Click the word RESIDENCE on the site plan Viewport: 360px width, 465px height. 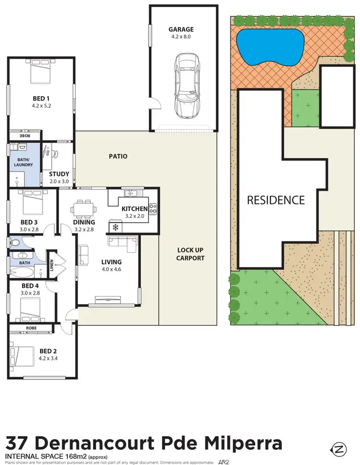276,200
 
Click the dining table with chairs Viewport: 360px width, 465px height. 82,208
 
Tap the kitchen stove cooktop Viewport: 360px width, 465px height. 153,209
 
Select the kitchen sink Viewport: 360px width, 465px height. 130,193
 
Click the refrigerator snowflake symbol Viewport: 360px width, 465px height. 115,227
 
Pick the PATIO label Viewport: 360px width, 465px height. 118,156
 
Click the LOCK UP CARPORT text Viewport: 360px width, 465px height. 191,254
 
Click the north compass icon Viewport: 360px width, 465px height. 340,450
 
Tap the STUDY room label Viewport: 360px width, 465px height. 60,174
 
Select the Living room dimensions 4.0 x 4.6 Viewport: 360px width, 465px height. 111,270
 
